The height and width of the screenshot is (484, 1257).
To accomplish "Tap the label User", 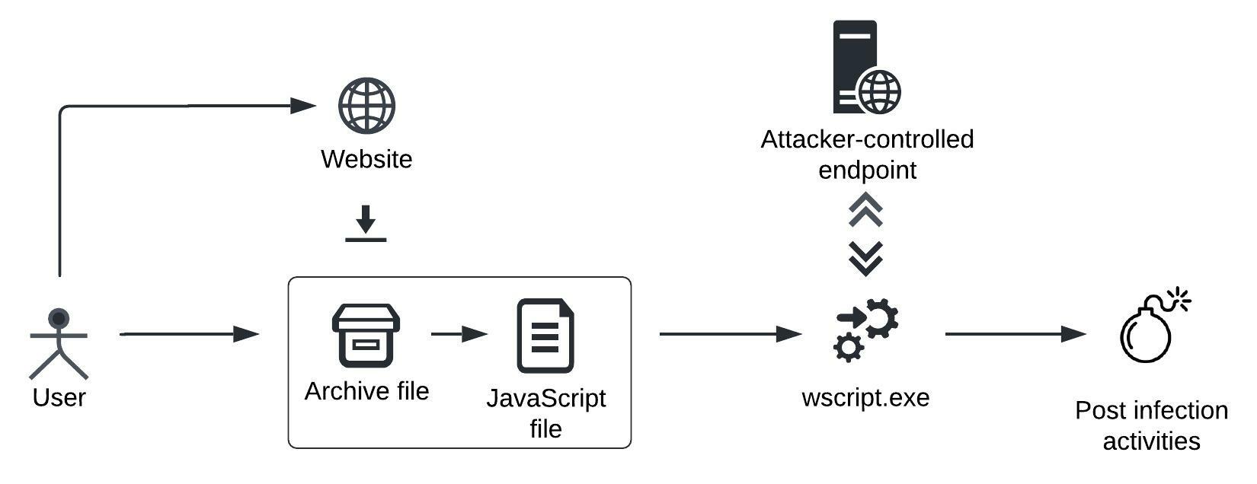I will [59, 397].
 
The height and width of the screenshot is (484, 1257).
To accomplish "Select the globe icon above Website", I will [366, 105].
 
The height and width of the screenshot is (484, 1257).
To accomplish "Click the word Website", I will [366, 159].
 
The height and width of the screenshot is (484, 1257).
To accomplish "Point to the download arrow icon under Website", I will [366, 224].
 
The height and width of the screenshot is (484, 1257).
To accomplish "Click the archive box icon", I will [366, 336].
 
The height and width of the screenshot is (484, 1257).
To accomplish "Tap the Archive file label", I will [366, 391].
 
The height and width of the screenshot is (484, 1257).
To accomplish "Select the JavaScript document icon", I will [545, 336].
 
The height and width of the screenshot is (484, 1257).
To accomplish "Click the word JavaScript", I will [545, 398].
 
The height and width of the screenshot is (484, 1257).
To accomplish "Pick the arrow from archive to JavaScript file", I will [459, 334].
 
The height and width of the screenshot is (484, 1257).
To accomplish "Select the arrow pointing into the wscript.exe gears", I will [730, 333].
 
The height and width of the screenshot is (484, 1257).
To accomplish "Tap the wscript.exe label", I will [865, 398].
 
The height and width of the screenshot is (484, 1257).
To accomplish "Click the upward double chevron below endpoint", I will [866, 210].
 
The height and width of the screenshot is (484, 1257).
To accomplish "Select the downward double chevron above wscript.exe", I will [866, 259].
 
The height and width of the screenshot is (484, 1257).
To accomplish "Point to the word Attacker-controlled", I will [867, 139].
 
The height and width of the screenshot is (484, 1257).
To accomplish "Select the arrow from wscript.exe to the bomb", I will [1015, 333].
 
